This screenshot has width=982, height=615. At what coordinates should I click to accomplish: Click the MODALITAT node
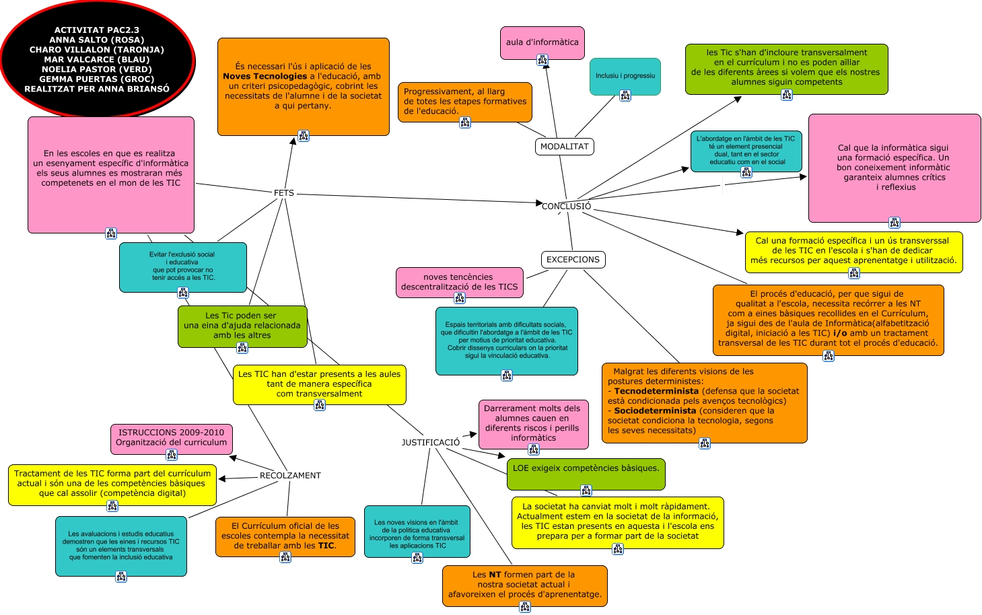click(564, 147)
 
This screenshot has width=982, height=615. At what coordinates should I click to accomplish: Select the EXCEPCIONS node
click(573, 260)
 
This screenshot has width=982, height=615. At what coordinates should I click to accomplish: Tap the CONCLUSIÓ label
click(566, 207)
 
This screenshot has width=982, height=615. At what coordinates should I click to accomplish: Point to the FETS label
click(284, 193)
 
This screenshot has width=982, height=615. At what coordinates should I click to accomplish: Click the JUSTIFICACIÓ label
click(431, 443)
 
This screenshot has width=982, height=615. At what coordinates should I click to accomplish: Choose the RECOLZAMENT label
click(290, 476)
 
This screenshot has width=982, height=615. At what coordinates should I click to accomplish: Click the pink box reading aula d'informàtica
click(542, 42)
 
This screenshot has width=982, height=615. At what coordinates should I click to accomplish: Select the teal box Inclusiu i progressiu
click(625, 76)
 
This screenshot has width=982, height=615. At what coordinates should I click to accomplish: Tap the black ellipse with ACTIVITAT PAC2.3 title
click(98, 59)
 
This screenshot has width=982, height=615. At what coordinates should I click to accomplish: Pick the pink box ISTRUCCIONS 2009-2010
click(172, 438)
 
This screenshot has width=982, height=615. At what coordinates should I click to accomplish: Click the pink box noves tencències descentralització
click(460, 282)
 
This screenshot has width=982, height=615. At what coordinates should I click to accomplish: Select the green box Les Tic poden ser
click(242, 326)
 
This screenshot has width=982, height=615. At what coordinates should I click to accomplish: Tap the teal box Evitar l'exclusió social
click(183, 266)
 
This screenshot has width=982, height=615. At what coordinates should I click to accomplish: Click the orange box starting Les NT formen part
click(525, 585)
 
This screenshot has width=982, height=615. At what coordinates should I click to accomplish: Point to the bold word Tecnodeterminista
click(656, 391)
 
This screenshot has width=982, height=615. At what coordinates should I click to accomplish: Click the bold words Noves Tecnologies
click(265, 77)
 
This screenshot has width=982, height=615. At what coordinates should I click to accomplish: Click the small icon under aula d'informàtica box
click(542, 61)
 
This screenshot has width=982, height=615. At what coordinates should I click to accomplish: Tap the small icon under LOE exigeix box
click(586, 491)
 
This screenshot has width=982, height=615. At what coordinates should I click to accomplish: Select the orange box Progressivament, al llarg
click(464, 102)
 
